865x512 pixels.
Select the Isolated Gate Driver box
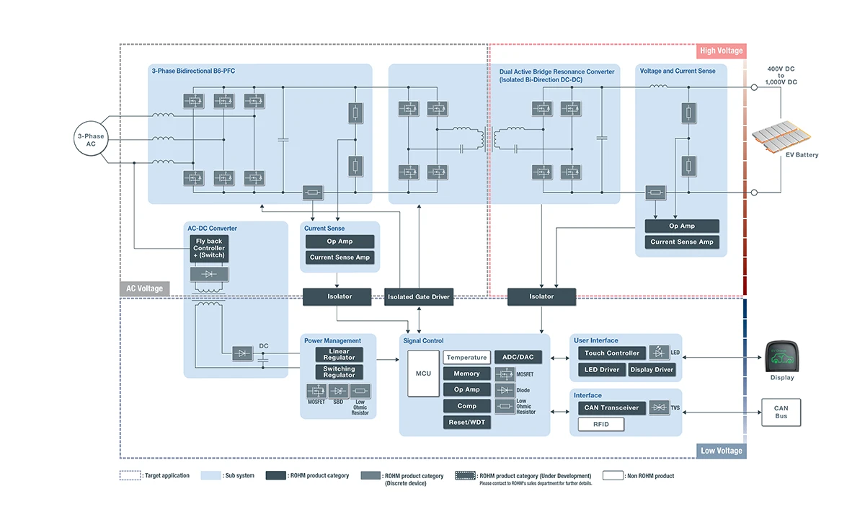(419, 296)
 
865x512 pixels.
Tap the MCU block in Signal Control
(423, 374)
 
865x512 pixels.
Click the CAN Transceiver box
(611, 408)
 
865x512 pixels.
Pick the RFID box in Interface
(600, 425)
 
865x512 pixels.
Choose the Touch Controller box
(611, 353)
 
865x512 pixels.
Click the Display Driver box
(652, 370)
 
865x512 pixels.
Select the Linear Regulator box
(339, 355)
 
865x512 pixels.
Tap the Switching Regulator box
(339, 372)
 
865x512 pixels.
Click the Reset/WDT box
(466, 423)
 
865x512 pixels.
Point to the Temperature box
(466, 358)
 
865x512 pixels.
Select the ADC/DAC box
(518, 358)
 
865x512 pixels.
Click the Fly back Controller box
(209, 248)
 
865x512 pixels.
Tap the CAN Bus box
(781, 412)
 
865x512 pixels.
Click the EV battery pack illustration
(782, 136)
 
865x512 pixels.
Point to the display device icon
(782, 356)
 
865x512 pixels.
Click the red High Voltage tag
(721, 51)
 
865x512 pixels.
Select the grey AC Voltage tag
(144, 288)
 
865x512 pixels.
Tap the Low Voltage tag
(721, 451)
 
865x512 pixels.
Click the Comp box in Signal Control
(466, 406)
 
